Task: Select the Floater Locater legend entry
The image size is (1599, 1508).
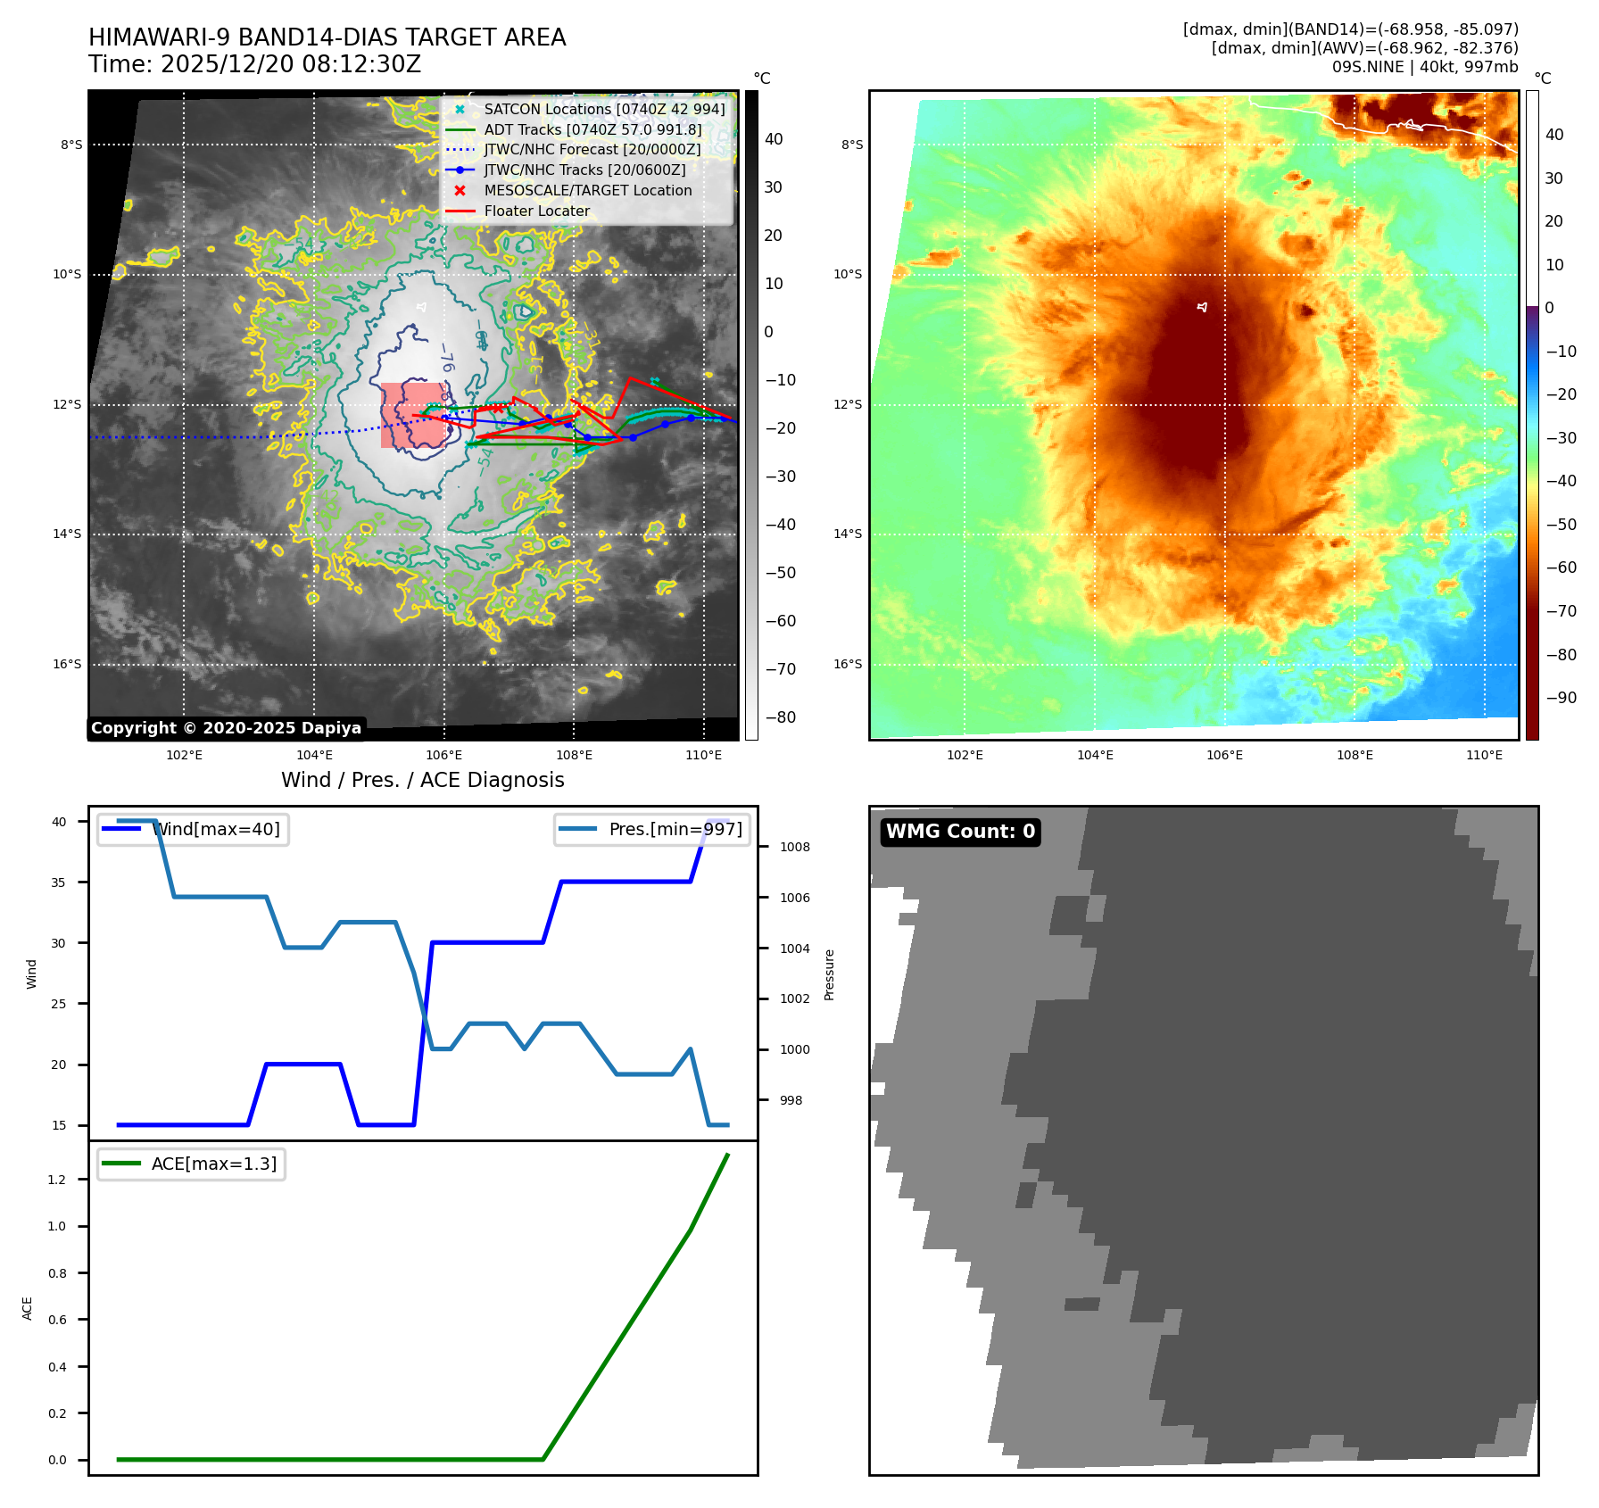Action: tap(536, 211)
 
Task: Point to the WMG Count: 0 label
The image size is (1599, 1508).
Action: tap(960, 832)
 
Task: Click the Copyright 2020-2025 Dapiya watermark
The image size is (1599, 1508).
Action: tap(226, 728)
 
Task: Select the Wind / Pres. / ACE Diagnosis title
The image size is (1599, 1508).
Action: tap(422, 780)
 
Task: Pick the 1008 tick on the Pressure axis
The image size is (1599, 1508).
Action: tap(794, 847)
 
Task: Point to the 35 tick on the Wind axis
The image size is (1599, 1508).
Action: tap(59, 882)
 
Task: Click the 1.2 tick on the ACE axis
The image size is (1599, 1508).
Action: tap(57, 1180)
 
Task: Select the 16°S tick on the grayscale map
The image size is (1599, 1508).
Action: tap(67, 664)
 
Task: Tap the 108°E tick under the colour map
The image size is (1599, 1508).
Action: tap(1355, 755)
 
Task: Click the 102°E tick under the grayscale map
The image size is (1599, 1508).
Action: tap(184, 755)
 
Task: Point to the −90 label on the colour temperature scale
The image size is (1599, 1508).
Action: tap(1561, 698)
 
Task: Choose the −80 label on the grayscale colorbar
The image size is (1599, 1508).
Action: tap(780, 717)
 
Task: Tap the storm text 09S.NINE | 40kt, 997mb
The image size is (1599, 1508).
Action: tap(1424, 67)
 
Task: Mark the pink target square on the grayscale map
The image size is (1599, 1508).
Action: tap(413, 415)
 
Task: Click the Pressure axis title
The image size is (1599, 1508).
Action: tap(829, 974)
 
